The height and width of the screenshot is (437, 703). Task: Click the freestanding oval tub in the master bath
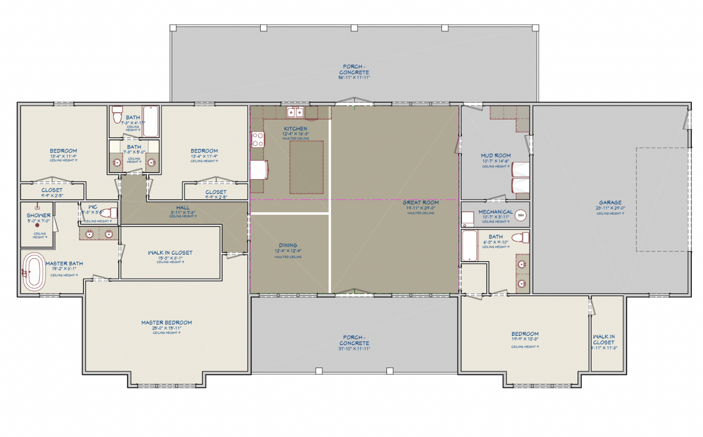coord(34,272)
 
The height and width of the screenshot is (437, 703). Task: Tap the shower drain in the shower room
coord(37,225)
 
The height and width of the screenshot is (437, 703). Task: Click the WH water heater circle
coord(521,215)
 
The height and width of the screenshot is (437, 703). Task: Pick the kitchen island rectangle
coord(306,167)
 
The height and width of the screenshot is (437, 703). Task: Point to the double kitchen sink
coord(295,113)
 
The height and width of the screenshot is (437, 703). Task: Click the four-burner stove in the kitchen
coord(258,140)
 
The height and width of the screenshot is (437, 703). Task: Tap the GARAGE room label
coord(610,202)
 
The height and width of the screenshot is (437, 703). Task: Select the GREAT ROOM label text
coord(420,202)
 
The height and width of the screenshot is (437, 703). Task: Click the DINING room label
coord(288,245)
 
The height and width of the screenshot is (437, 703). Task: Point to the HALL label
coord(183,208)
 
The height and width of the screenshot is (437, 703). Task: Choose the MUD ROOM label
coord(496,156)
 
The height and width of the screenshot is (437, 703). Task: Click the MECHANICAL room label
coord(495,212)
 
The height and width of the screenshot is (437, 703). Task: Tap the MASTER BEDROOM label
coord(166,323)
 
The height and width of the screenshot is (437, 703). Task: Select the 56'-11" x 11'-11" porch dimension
coord(354,78)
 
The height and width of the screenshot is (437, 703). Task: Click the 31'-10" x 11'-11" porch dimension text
coord(354,349)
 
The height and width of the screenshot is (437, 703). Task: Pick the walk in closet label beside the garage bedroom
coord(604,339)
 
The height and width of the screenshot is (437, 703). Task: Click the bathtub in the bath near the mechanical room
coord(469,246)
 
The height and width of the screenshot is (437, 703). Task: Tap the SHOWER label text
coord(38,215)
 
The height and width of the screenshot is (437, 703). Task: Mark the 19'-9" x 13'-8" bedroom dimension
coord(525,340)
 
